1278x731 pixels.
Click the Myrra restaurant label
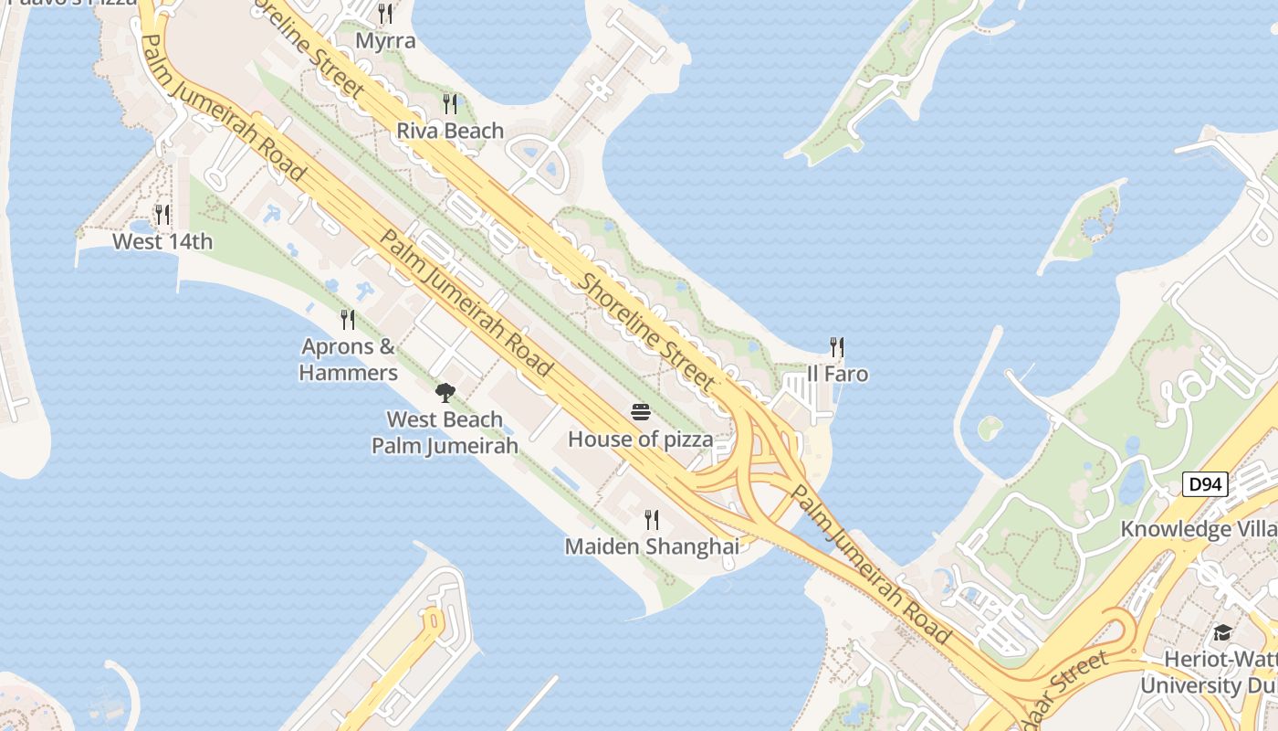point(385,41)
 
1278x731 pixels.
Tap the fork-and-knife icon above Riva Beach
point(450,104)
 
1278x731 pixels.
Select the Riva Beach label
point(450,131)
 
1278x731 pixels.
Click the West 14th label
point(162,241)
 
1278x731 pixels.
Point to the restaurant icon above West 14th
point(162,215)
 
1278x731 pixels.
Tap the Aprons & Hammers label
point(349,360)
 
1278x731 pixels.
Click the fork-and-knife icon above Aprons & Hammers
point(348,320)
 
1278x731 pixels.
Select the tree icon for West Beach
point(445,394)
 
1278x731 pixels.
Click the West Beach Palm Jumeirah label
point(445,433)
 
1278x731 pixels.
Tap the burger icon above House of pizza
point(641,412)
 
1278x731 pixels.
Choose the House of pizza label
point(641,440)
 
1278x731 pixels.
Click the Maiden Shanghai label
point(652,546)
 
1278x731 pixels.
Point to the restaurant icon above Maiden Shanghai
point(652,520)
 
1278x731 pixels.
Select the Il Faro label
point(837,374)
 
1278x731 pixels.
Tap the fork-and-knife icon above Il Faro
point(837,347)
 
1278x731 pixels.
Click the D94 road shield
point(1206,483)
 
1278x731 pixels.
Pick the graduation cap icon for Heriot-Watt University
point(1222,633)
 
